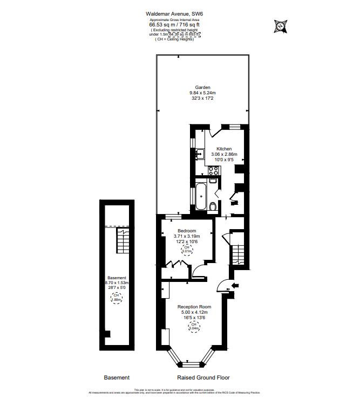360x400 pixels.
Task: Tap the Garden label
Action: [x=203, y=87]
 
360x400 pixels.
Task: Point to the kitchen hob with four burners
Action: [x=213, y=171]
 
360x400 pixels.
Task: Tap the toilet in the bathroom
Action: [x=213, y=206]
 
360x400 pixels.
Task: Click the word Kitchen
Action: [x=224, y=149]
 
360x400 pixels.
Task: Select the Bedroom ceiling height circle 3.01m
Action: [x=187, y=249]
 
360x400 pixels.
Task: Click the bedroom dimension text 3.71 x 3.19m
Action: [x=187, y=236]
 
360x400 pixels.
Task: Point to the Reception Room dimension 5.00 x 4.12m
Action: [x=194, y=312]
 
